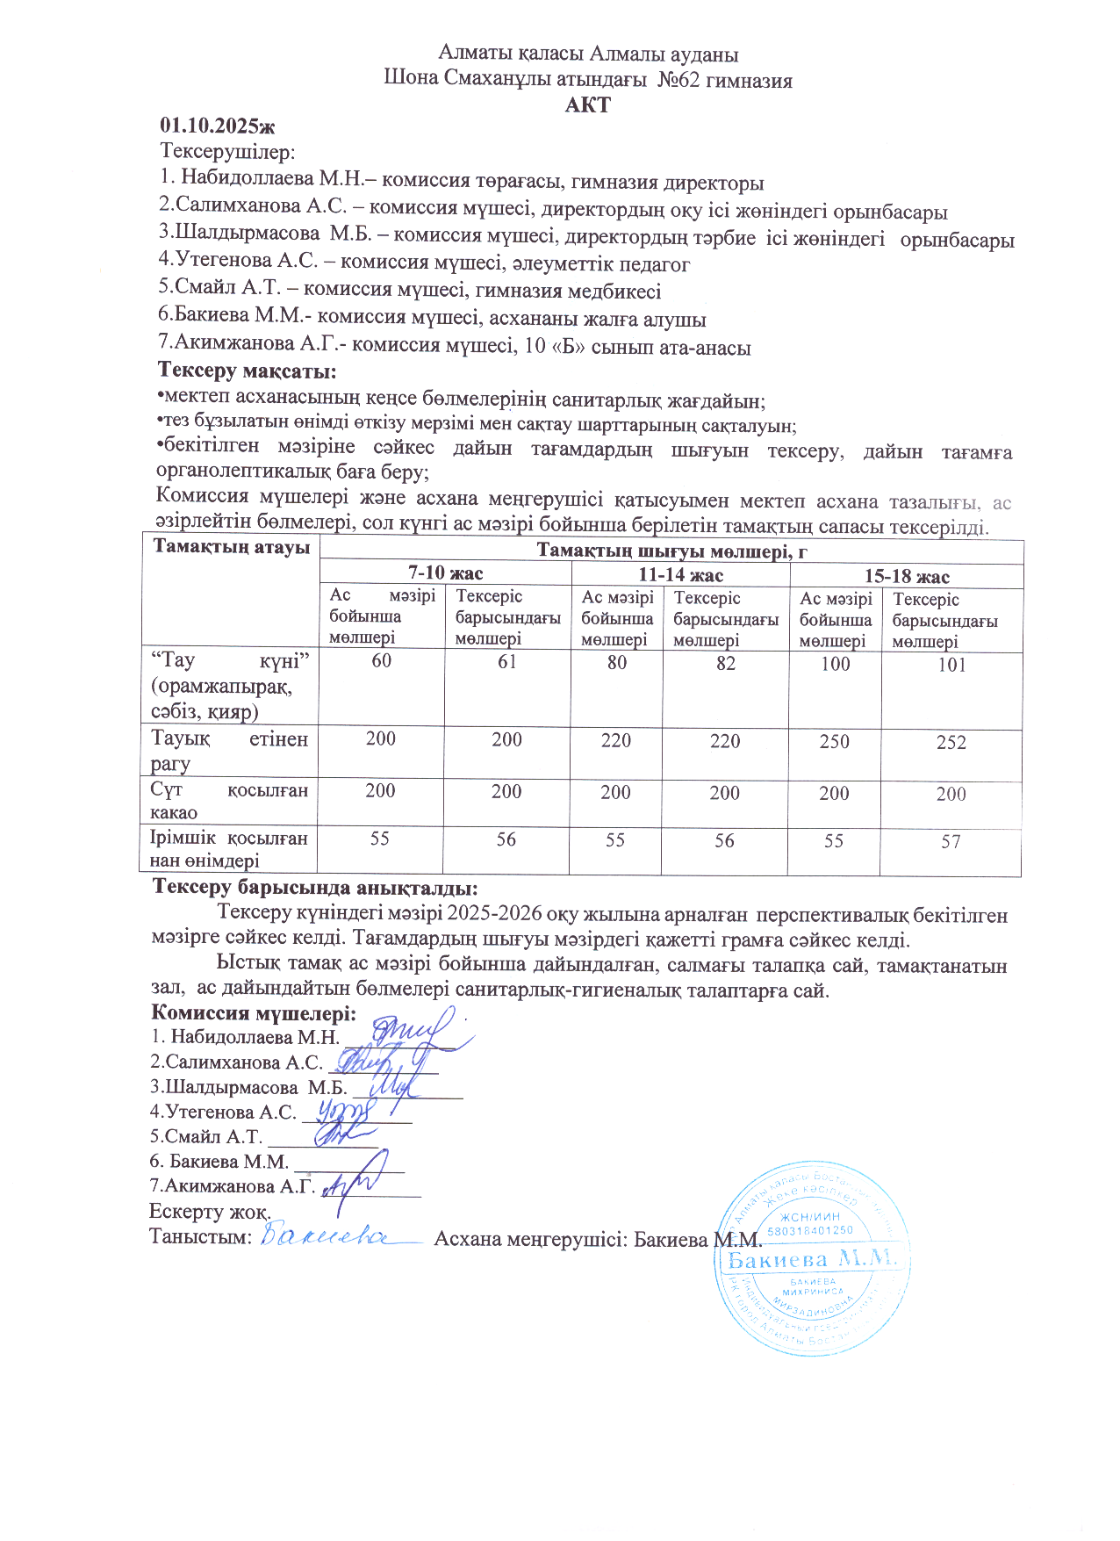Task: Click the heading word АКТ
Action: coord(587,105)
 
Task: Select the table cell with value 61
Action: coord(507,662)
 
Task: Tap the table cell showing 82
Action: coord(725,663)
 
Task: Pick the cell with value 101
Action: coord(951,665)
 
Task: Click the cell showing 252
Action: coord(951,743)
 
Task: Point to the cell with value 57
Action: coord(951,842)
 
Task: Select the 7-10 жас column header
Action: coord(445,573)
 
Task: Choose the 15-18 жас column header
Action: coord(907,576)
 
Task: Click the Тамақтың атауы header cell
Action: coord(231,547)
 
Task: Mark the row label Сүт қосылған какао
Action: coord(228,801)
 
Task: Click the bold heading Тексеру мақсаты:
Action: coord(247,371)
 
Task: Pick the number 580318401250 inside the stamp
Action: coord(810,1231)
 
